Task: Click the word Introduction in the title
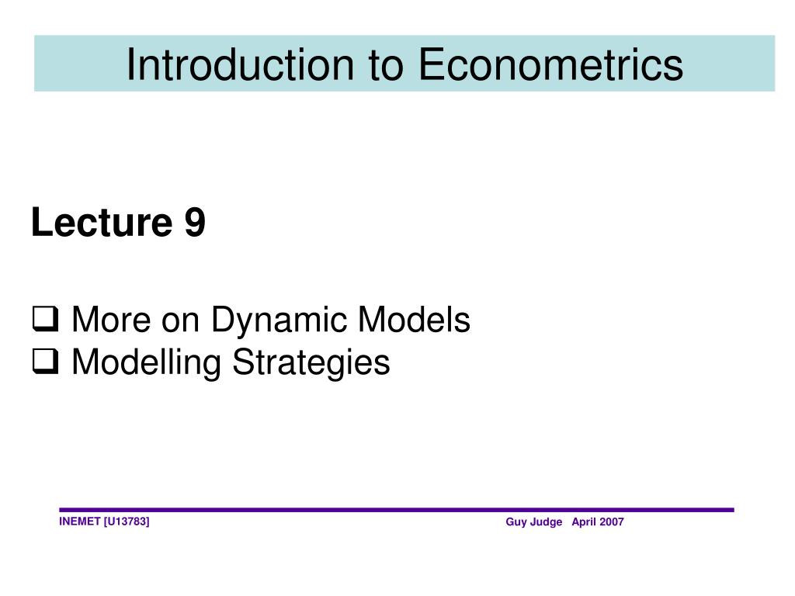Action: coord(236,64)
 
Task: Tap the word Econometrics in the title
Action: coord(551,64)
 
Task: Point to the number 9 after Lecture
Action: coord(195,224)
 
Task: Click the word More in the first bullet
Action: coord(106,320)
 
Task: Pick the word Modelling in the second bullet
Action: coord(137,362)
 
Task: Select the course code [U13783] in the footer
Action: coord(127,521)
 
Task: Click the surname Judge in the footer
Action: coord(547,522)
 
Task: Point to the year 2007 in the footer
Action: coord(611,522)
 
